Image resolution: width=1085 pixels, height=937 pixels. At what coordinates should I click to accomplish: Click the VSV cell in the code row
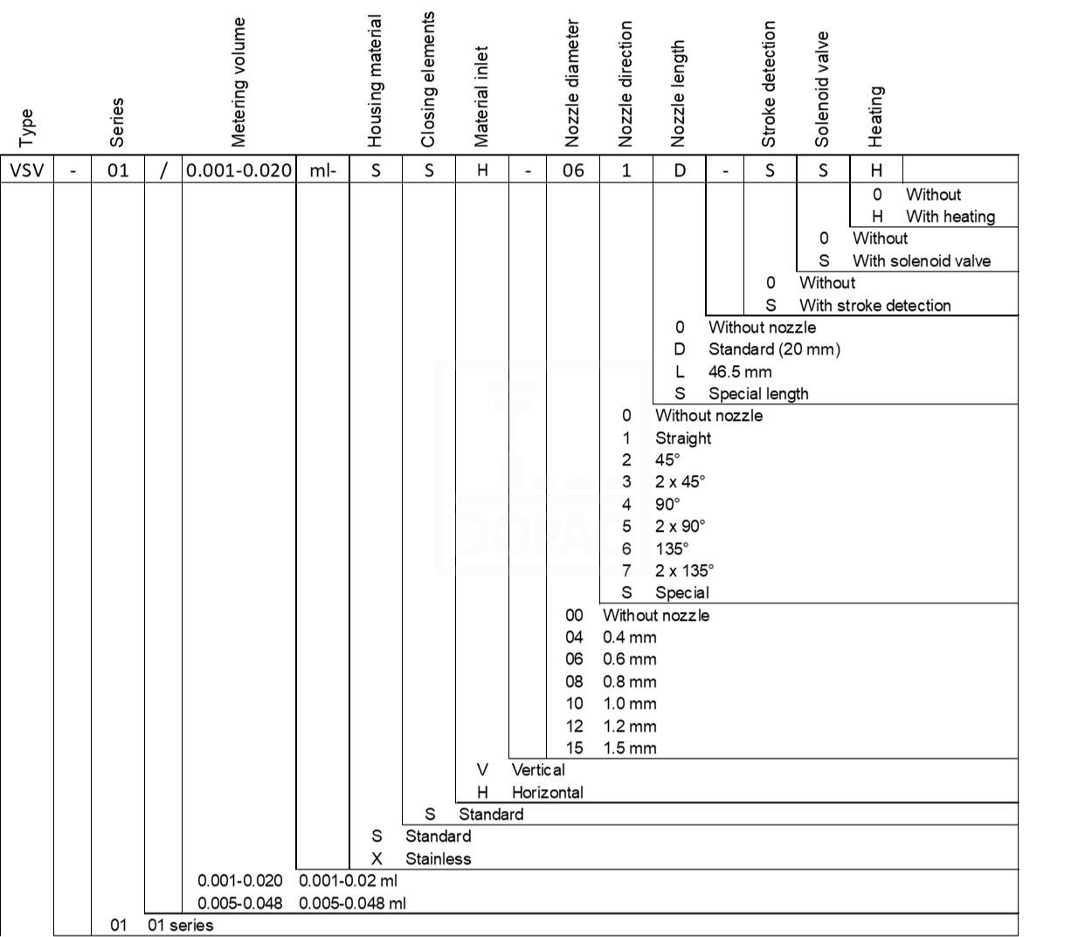click(27, 170)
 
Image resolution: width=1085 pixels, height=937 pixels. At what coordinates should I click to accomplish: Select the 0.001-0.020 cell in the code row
click(238, 170)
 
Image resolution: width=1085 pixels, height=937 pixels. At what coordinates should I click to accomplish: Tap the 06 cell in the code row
click(573, 170)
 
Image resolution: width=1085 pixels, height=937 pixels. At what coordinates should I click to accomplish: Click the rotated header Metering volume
click(238, 82)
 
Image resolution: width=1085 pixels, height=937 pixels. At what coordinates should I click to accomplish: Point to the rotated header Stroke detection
click(769, 84)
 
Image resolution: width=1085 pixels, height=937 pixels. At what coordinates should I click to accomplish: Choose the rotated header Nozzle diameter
click(571, 84)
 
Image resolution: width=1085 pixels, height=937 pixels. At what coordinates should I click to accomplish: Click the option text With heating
click(950, 217)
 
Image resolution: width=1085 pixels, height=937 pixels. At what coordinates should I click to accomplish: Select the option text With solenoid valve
click(922, 261)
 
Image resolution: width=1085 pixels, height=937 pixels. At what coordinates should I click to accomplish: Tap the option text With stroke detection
click(875, 306)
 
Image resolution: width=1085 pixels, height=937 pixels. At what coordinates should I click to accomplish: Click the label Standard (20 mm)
click(774, 349)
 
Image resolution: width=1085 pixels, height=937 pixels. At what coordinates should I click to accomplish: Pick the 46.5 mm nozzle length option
click(740, 372)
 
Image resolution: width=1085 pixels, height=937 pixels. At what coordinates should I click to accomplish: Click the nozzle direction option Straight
click(683, 438)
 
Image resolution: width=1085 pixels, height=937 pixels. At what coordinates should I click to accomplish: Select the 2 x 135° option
click(685, 571)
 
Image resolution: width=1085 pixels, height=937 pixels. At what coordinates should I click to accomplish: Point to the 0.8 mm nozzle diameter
click(629, 681)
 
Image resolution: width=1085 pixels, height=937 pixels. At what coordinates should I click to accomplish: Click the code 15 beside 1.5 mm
click(574, 748)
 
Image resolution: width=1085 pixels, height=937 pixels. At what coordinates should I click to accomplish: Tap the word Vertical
click(538, 770)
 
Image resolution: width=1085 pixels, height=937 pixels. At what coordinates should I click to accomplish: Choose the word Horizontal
click(548, 792)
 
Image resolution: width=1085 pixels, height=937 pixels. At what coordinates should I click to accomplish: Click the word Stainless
click(439, 858)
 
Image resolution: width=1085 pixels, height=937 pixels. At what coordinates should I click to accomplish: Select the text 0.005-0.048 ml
click(352, 904)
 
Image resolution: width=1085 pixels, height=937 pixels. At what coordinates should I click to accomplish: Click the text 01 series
click(181, 926)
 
